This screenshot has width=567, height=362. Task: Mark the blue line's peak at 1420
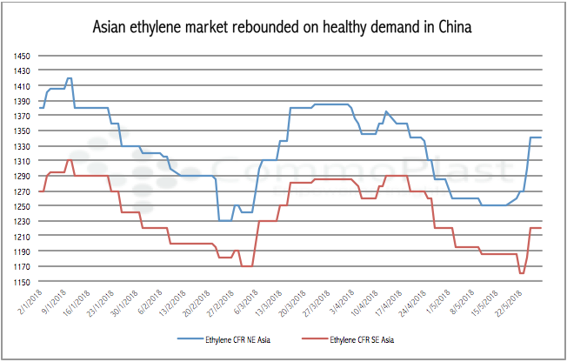69,78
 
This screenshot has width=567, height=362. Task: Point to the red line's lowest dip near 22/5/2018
522,273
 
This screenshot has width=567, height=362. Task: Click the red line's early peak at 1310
69,160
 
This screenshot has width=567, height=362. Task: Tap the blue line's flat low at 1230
224,220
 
